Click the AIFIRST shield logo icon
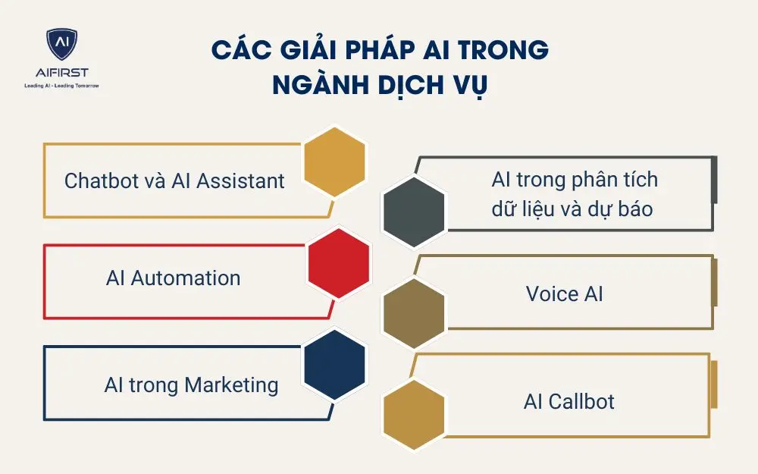point(61,46)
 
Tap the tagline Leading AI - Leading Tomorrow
point(61,86)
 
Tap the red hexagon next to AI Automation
point(338,262)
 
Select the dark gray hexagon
point(413,212)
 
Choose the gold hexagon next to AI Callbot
point(414,416)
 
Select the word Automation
point(186,278)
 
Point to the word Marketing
point(232,385)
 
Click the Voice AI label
point(565,294)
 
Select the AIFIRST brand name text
point(61,73)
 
